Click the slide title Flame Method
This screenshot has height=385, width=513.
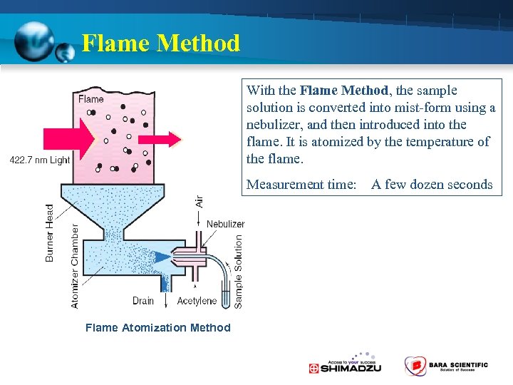tap(161, 43)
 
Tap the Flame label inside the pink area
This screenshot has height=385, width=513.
tap(91, 99)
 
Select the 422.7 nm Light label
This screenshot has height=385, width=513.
tap(40, 160)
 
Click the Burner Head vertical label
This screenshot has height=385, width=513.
tap(50, 232)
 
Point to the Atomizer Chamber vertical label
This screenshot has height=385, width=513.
tap(75, 266)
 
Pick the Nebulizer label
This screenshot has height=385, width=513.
tap(225, 224)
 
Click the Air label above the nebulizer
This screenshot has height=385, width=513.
tap(199, 200)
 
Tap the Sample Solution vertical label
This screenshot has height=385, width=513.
tap(239, 272)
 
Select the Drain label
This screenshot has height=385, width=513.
tap(143, 301)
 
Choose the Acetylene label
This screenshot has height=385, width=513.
tap(197, 301)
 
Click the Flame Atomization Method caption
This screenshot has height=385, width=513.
tap(157, 328)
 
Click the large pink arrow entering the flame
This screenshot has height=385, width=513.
tap(68, 138)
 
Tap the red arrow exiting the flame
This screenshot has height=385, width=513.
tap(168, 137)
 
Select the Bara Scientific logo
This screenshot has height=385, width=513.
tap(446, 366)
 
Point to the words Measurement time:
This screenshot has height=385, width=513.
tap(301, 185)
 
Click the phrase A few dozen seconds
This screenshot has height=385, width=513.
tap(432, 185)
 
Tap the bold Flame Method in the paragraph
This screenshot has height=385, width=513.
tap(343, 91)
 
